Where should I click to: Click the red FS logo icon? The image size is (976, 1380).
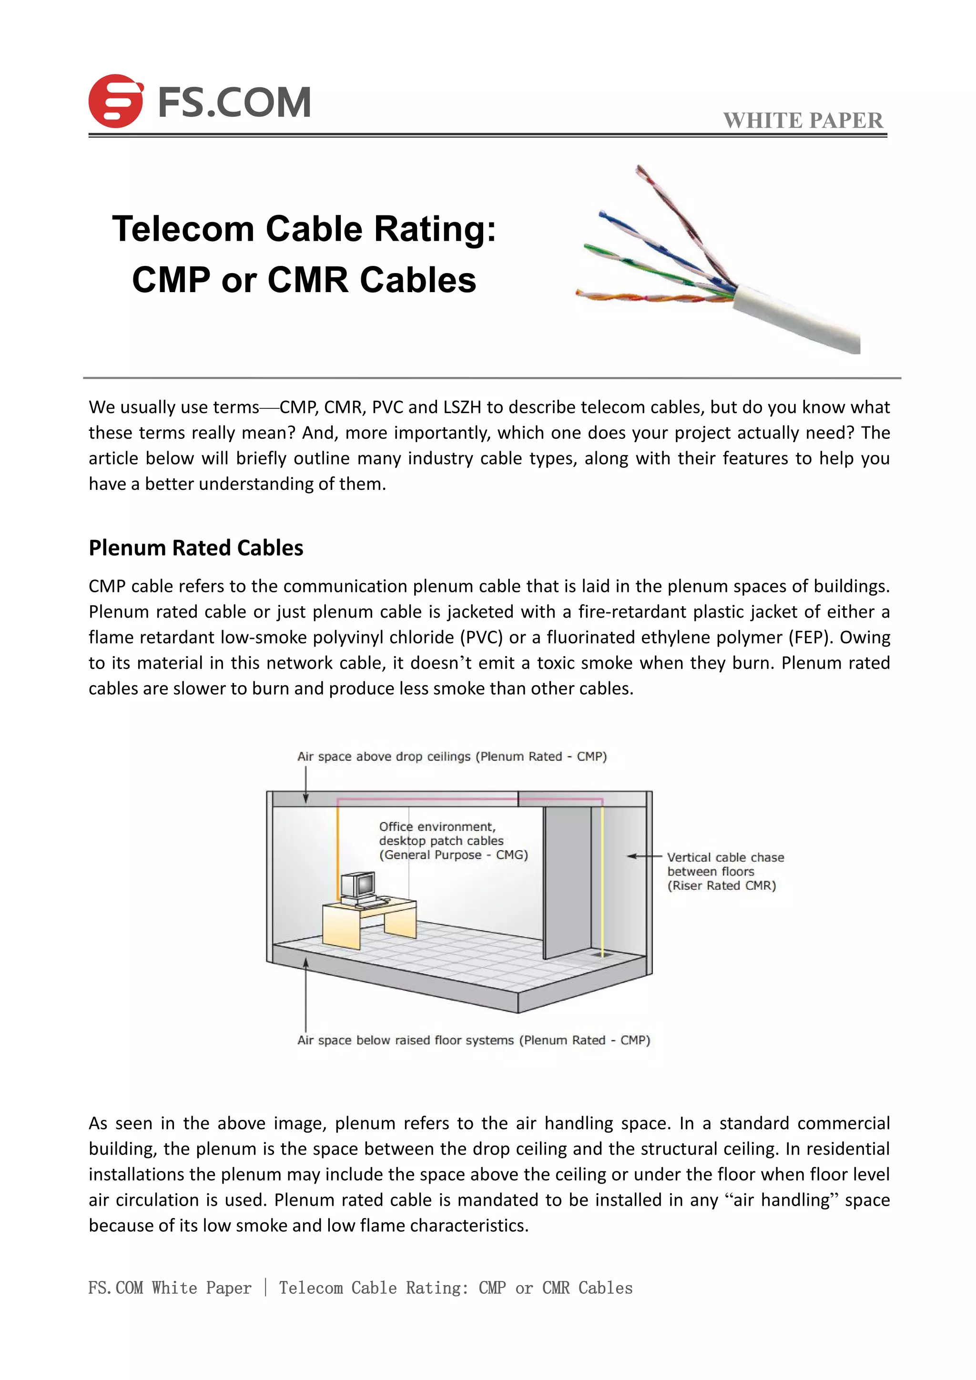pos(115,101)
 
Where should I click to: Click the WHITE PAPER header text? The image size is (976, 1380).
pos(803,120)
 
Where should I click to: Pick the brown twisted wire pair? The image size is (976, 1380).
pos(679,216)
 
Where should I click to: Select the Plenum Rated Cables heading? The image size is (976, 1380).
pos(196,548)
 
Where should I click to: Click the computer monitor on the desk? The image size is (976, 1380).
pos(358,885)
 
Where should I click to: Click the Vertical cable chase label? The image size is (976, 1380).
pos(725,871)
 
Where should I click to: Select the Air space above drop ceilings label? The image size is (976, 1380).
pos(451,756)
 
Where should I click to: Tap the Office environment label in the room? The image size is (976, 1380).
pos(453,840)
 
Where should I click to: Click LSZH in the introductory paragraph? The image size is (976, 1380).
pos(462,407)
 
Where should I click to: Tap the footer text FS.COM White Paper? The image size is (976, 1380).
pos(170,1288)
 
